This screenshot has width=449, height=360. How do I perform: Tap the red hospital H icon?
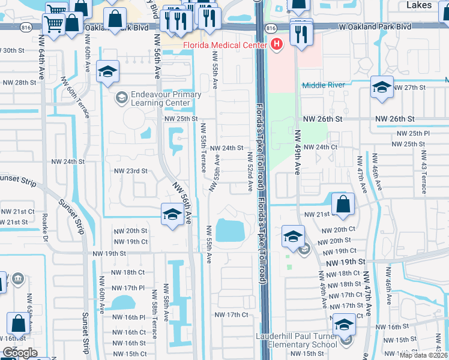277,44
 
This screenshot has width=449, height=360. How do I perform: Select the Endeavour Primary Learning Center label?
158,98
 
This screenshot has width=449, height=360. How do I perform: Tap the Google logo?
19,353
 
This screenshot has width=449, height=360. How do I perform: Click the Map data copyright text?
424,355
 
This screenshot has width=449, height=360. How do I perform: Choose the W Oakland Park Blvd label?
375,27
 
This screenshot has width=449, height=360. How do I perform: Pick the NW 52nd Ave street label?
249,172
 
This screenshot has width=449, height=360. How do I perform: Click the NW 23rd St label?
130,171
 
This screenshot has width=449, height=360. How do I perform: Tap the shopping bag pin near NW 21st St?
342,203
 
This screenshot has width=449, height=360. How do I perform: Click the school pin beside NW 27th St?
382,88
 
